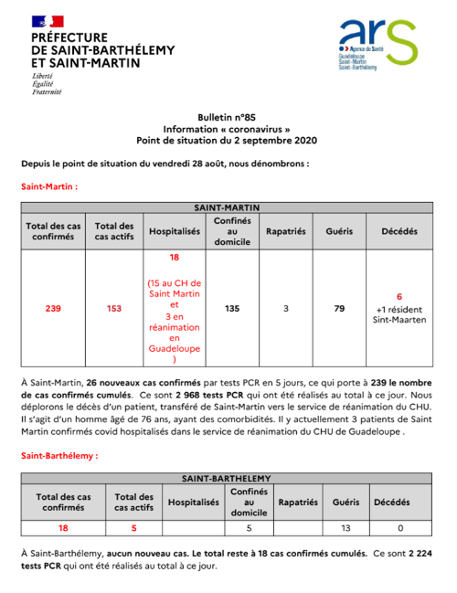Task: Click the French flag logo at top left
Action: pyautogui.click(x=47, y=20)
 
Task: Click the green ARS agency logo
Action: pyautogui.click(x=377, y=43)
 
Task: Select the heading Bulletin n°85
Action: pyautogui.click(x=227, y=120)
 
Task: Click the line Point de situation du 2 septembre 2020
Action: pyautogui.click(x=227, y=141)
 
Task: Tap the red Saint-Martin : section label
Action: pyautogui.click(x=50, y=185)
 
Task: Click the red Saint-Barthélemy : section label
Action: pyautogui.click(x=59, y=453)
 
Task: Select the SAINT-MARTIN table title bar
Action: pyautogui.click(x=227, y=207)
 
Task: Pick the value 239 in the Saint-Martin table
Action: pyautogui.click(x=54, y=309)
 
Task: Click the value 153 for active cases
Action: pyautogui.click(x=114, y=309)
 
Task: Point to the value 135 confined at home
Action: pyautogui.click(x=232, y=309)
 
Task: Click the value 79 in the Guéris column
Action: pyautogui.click(x=339, y=309)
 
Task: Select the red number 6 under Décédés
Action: pyautogui.click(x=399, y=297)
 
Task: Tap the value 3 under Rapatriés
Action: pyautogui.click(x=286, y=309)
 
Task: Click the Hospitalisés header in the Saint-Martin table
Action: pyautogui.click(x=174, y=232)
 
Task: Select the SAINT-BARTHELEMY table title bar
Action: pyautogui.click(x=227, y=478)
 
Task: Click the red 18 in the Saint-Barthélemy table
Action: pyautogui.click(x=63, y=527)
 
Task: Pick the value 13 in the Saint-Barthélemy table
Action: pyautogui.click(x=346, y=527)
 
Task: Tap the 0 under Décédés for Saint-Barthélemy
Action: pyautogui.click(x=401, y=527)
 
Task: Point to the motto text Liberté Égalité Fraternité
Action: pyautogui.click(x=47, y=83)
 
